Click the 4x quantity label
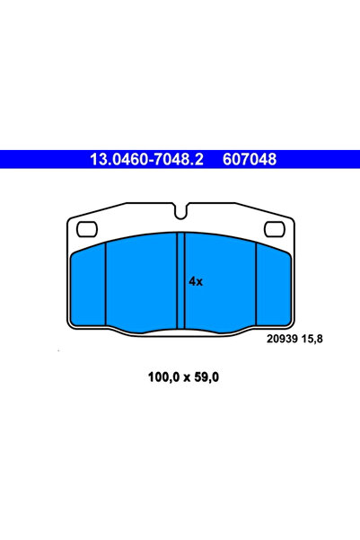click(196, 281)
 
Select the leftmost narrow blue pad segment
click(88, 285)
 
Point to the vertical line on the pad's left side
click(106, 285)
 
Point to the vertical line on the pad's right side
click(256, 285)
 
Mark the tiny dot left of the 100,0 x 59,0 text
click(59, 350)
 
